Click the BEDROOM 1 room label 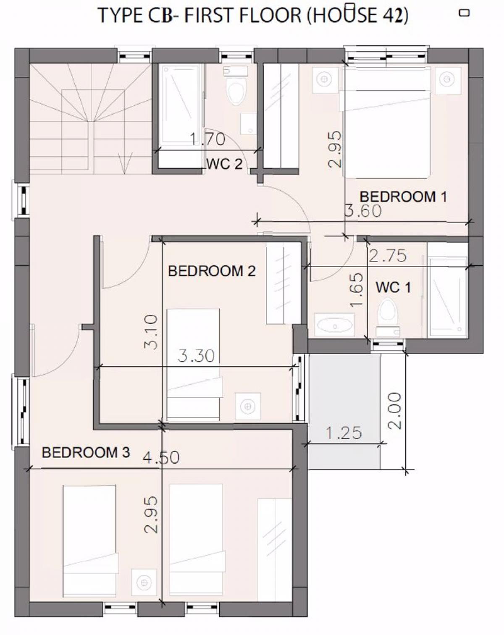click(x=403, y=197)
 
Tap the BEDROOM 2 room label click(x=212, y=271)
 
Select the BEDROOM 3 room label click(x=86, y=452)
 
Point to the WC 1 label click(x=393, y=287)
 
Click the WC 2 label click(x=225, y=164)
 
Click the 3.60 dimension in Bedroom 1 click(x=363, y=211)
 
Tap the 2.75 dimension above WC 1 click(x=388, y=256)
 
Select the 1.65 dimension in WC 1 click(x=356, y=290)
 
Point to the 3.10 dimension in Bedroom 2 click(x=151, y=332)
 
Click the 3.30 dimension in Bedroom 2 click(x=197, y=356)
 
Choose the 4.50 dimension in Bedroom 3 click(x=161, y=458)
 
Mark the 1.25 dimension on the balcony click(x=344, y=433)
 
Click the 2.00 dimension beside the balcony click(x=395, y=411)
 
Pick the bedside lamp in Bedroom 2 click(x=248, y=406)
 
